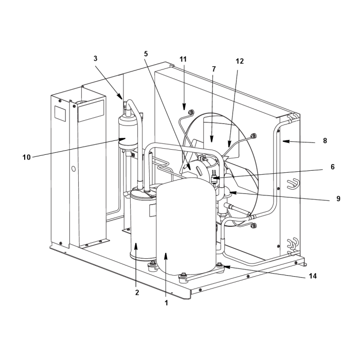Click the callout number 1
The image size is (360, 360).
(166, 303)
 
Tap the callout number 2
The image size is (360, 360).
(137, 293)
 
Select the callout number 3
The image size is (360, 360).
(95, 59)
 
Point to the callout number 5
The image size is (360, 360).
(146, 53)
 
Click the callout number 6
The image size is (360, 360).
(333, 167)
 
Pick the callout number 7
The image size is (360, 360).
(214, 69)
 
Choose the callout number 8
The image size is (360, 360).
(325, 140)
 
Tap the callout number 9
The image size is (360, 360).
(338, 199)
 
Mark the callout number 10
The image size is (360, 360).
(26, 157)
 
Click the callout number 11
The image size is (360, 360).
(183, 59)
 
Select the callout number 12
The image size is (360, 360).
(240, 61)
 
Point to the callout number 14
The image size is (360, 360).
(313, 276)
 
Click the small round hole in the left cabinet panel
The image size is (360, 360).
(74, 169)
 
